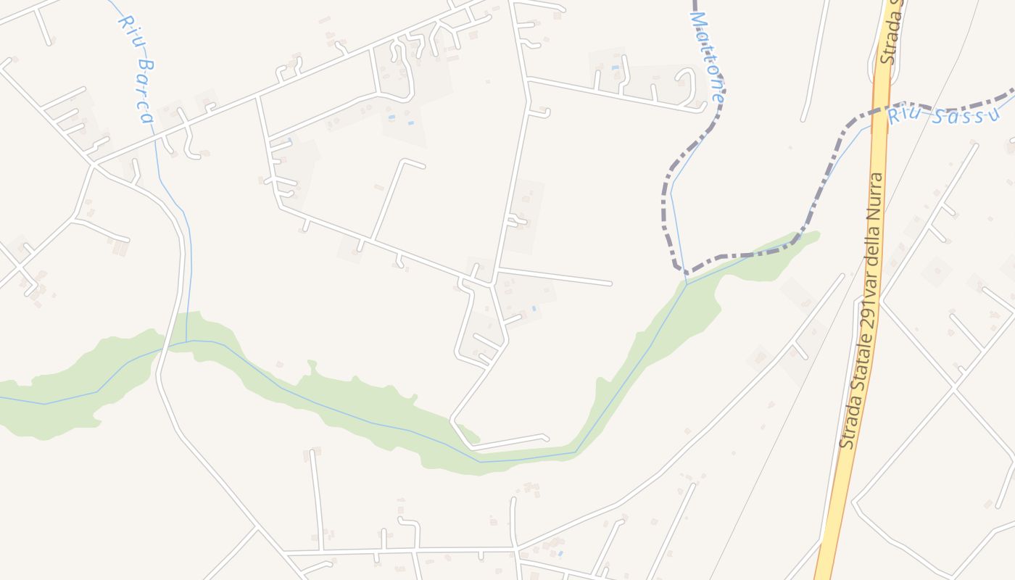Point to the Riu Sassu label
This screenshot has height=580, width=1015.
click(942, 115)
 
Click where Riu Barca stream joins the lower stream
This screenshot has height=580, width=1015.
click(186, 341)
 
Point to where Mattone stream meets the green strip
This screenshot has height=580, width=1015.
click(687, 283)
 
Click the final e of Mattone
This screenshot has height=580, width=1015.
click(718, 96)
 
